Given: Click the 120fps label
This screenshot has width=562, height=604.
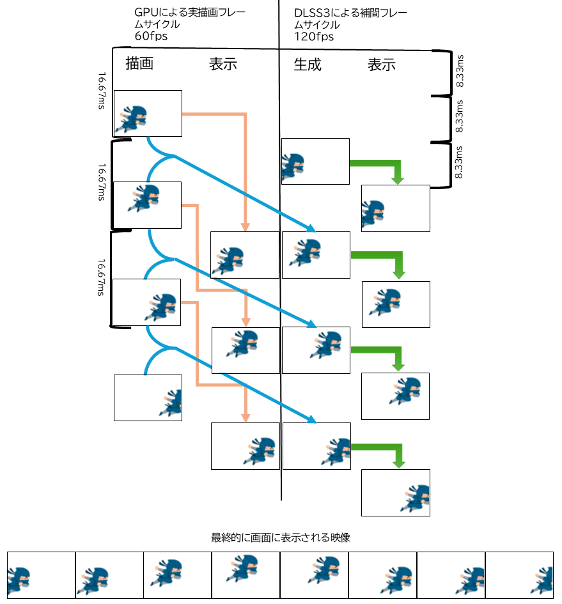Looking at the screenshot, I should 314,36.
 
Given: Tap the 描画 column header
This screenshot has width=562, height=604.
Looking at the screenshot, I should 139,65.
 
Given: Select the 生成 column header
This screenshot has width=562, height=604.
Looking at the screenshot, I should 308,65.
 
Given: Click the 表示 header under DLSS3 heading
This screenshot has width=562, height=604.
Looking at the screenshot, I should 382,65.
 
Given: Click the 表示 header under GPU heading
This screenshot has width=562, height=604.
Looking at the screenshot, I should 223,65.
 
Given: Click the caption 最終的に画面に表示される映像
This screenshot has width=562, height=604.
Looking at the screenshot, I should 280,538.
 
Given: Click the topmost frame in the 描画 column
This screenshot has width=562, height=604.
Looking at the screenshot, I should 148,113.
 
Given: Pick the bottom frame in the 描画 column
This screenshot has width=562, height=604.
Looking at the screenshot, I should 148,398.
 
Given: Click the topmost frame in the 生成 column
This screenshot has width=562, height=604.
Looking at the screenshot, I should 315,161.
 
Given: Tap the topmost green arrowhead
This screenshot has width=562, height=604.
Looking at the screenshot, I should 398,180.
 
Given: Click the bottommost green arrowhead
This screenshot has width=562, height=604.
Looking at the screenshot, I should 398,465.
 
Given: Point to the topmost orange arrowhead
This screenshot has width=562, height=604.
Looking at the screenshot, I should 245,227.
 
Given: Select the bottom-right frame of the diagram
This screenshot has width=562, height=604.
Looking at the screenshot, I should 395,492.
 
